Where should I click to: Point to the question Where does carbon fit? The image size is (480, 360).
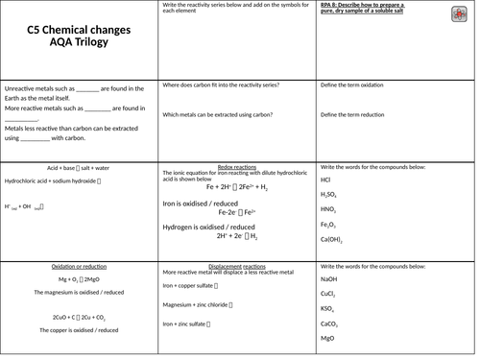click(x=221, y=85)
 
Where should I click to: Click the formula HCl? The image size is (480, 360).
click(x=326, y=180)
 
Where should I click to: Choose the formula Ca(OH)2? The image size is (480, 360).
click(x=332, y=240)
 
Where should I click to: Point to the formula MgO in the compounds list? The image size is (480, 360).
click(x=327, y=339)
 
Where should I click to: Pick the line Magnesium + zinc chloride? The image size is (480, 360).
click(x=201, y=305)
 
